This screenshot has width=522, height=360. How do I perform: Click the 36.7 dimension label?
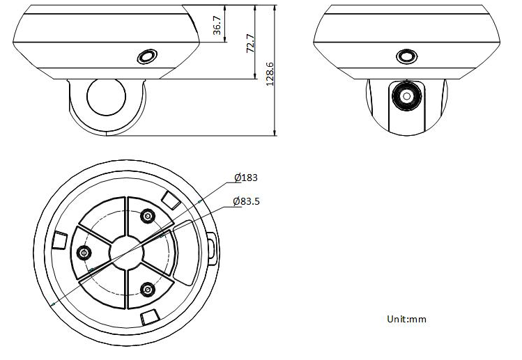pos(217,25)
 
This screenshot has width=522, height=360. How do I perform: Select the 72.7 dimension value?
pos(250,43)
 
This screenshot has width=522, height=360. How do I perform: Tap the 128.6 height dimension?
pos(270,74)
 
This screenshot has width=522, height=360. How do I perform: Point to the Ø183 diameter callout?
pos(246,178)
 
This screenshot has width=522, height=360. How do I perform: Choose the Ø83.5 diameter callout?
pos(246,201)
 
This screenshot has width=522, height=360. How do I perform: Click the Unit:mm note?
pos(406,319)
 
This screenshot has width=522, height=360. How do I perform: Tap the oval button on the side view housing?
pos(147,56)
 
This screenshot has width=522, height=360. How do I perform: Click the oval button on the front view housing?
pos(406,56)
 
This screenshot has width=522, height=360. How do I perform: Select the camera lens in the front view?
pos(406,97)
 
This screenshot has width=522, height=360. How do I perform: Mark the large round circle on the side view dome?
pos(106,97)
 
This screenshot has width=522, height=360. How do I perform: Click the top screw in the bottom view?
pos(147,217)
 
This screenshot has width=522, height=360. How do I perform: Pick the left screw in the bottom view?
pos(84,253)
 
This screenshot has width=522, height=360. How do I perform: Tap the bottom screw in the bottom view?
pos(147,290)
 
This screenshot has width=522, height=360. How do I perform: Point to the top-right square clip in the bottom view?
pos(171,200)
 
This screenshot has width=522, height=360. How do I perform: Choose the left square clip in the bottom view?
pos(60,240)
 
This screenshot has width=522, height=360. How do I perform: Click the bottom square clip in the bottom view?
pos(151,318)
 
